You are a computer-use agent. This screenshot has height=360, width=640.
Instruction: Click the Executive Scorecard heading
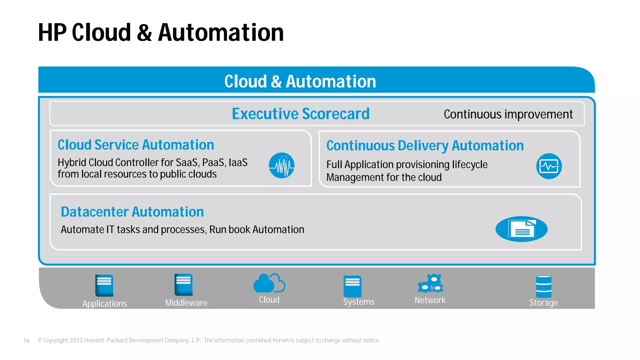click(x=301, y=114)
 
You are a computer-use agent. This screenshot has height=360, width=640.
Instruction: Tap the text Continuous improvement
click(x=508, y=114)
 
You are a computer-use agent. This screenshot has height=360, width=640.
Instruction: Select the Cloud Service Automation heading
click(x=136, y=145)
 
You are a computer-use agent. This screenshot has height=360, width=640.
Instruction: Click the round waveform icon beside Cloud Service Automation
click(x=282, y=166)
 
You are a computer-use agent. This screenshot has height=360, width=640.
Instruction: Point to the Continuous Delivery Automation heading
click(x=425, y=146)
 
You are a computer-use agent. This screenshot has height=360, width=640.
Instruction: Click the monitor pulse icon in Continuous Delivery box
click(x=549, y=166)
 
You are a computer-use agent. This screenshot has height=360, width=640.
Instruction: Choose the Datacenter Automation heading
click(x=132, y=212)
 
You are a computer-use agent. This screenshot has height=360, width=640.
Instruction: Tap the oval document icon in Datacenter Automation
click(x=522, y=229)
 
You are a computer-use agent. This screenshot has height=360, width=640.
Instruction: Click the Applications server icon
click(x=104, y=285)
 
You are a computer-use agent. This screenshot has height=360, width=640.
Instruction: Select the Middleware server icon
click(x=183, y=285)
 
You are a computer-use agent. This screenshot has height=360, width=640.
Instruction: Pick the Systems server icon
click(x=352, y=286)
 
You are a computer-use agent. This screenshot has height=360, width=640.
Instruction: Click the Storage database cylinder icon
click(x=544, y=286)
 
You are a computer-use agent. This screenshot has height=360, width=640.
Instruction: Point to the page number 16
click(x=26, y=341)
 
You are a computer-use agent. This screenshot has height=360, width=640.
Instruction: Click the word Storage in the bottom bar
click(x=543, y=303)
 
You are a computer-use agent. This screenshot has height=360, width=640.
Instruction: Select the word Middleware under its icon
click(x=186, y=303)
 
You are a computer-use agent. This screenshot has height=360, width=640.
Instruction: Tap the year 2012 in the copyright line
click(x=76, y=340)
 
